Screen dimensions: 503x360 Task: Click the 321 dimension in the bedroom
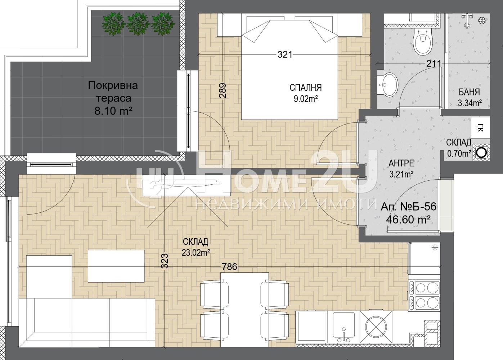[285, 55]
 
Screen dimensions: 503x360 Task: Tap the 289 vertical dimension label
[223, 91]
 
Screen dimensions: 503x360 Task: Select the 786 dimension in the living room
[229, 266]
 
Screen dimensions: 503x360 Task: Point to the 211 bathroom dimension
[434, 64]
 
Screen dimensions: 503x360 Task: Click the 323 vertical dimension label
[165, 261]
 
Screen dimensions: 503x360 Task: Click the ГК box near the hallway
[480, 128]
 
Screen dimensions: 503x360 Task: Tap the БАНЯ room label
[469, 92]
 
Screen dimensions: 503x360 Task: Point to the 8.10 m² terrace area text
[113, 111]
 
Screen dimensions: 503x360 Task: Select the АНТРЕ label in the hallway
[401, 163]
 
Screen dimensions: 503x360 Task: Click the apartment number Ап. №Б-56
[408, 207]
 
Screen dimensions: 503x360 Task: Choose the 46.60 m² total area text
[408, 219]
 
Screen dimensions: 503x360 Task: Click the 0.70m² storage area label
[459, 154]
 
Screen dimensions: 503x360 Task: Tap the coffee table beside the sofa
[116, 266]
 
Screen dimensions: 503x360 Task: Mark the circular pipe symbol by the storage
[481, 153]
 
